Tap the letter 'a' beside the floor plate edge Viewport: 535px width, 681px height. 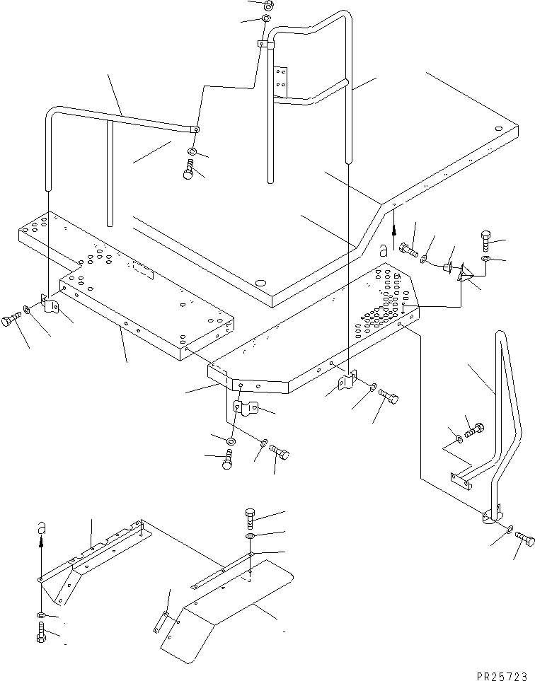383,250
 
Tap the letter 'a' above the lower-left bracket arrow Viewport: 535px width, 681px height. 41,527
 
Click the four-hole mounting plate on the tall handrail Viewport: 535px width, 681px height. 281,81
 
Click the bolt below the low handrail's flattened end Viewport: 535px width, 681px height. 189,170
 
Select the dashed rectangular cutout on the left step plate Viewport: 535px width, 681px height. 143,269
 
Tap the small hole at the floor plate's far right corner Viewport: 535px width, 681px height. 499,129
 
